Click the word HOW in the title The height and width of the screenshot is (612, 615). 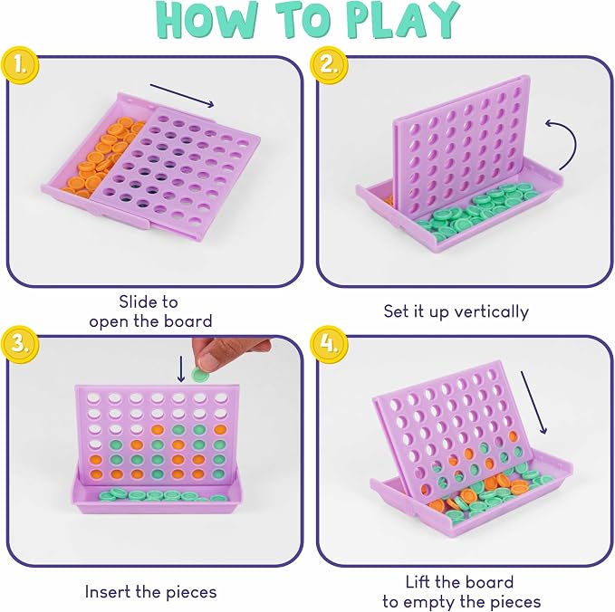coord(208,21)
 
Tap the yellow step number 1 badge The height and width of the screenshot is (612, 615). coord(20,65)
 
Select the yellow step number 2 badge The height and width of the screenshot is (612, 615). coord(329,64)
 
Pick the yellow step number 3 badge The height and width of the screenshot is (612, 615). coord(20,343)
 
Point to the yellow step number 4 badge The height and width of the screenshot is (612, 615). coord(329,344)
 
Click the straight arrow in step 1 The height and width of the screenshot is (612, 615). coord(182,95)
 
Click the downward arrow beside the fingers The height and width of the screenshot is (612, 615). coord(181,368)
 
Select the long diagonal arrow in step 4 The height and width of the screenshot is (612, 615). coord(533,402)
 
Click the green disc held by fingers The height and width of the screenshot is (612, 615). coord(200,375)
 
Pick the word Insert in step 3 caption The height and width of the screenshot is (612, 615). coord(108,591)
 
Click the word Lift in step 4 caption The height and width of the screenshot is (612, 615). coord(418,582)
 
